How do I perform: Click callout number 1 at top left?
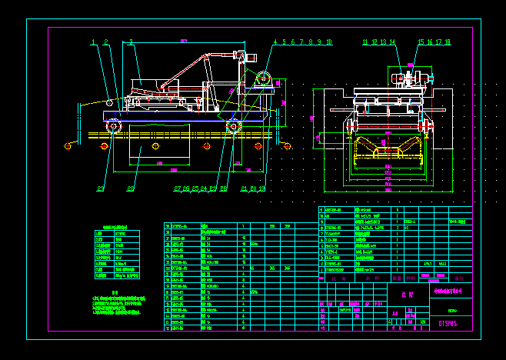pyautogui.click(x=93, y=42)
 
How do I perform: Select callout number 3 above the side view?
pyautogui.click(x=131, y=42)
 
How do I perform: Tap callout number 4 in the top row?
pyautogui.click(x=275, y=42)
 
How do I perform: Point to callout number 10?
pyautogui.click(x=329, y=42)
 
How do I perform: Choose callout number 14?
pyautogui.click(x=392, y=42)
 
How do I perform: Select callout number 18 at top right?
pyautogui.click(x=448, y=42)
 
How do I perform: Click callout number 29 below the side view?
pyautogui.click(x=101, y=188)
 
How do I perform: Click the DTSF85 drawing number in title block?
pyautogui.click(x=448, y=324)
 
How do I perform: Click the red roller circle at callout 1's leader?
pyautogui.click(x=110, y=102)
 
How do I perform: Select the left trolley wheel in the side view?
pyautogui.click(x=114, y=126)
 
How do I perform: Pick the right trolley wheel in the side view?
pyautogui.click(x=234, y=126)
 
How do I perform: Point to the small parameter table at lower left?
pyautogui.click(x=116, y=254)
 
